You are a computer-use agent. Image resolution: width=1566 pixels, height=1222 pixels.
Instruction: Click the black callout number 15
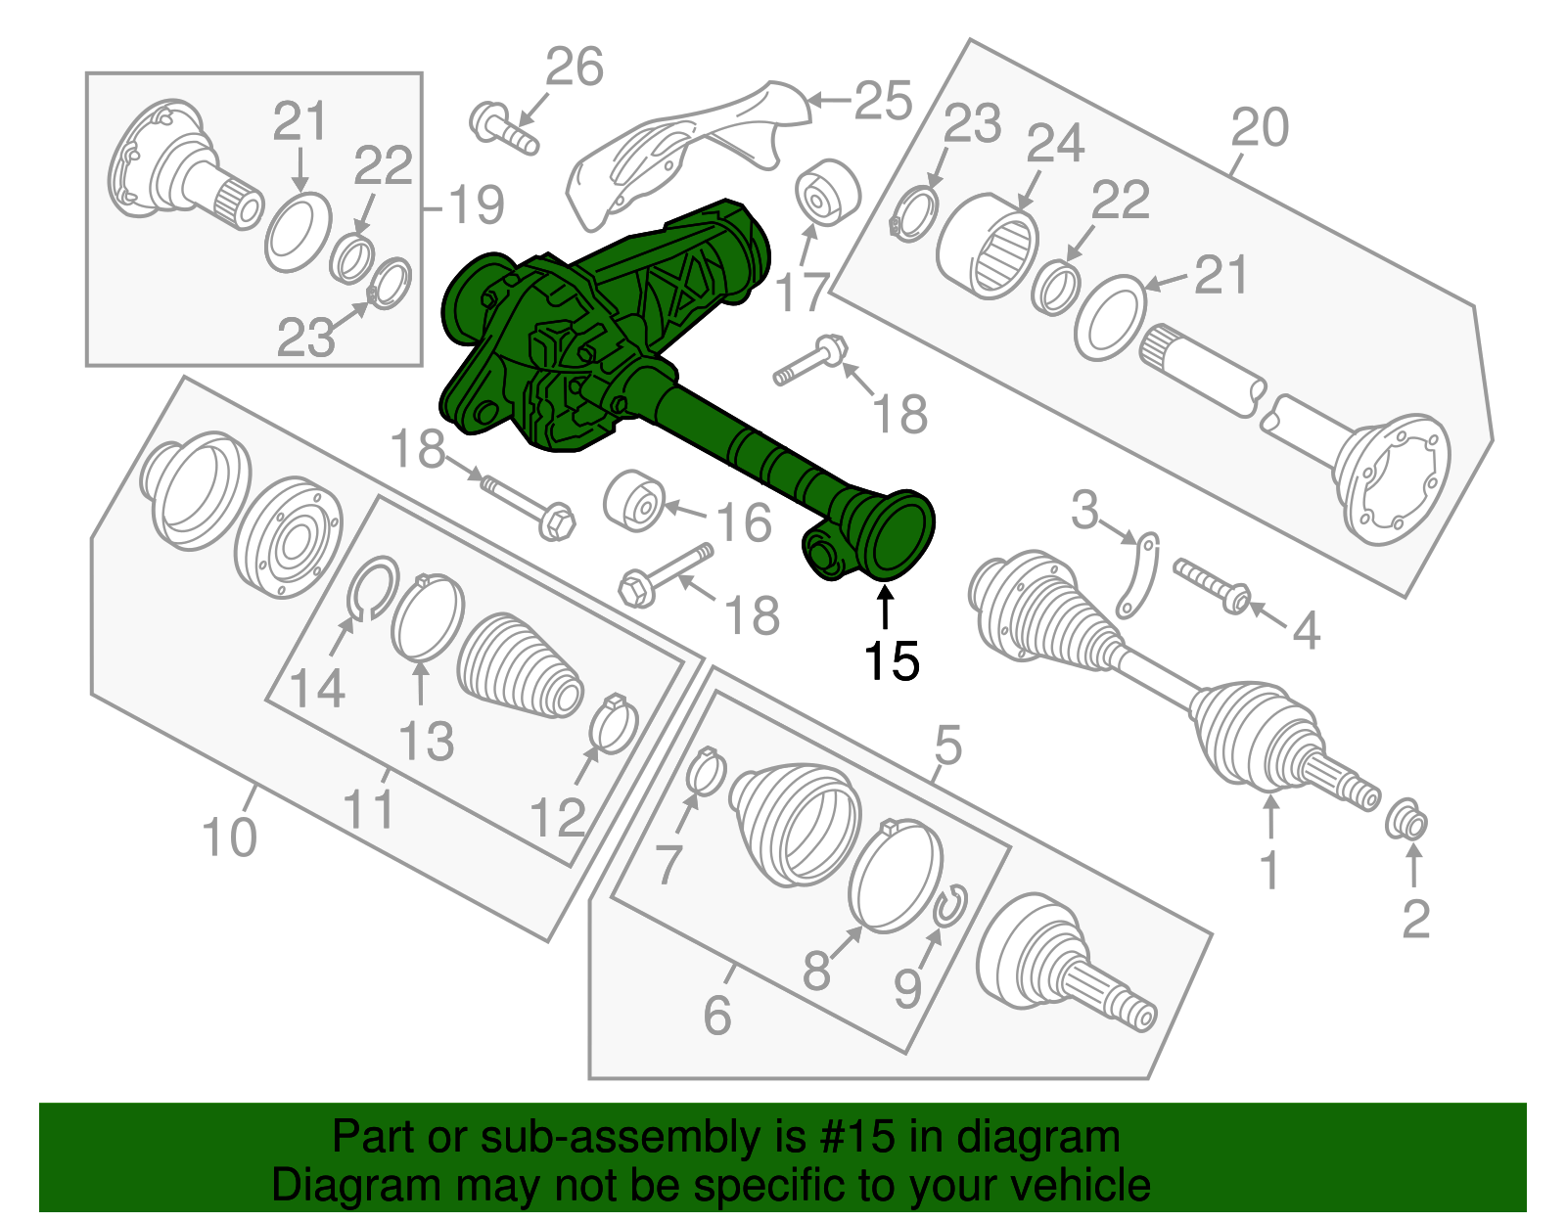(x=891, y=661)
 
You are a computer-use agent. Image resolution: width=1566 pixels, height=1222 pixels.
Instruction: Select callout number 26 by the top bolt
(x=575, y=68)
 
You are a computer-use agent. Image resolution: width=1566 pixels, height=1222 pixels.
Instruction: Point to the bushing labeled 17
(x=827, y=191)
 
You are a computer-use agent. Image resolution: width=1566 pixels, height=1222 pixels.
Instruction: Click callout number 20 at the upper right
(x=1260, y=128)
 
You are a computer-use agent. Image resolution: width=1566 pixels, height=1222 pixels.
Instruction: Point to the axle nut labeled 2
(x=1406, y=819)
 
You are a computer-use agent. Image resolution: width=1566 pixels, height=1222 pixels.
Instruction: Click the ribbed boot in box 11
(x=519, y=665)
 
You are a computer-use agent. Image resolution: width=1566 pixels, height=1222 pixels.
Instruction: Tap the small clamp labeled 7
(x=705, y=770)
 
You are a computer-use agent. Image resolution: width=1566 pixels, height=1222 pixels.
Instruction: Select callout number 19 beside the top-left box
(x=474, y=205)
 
